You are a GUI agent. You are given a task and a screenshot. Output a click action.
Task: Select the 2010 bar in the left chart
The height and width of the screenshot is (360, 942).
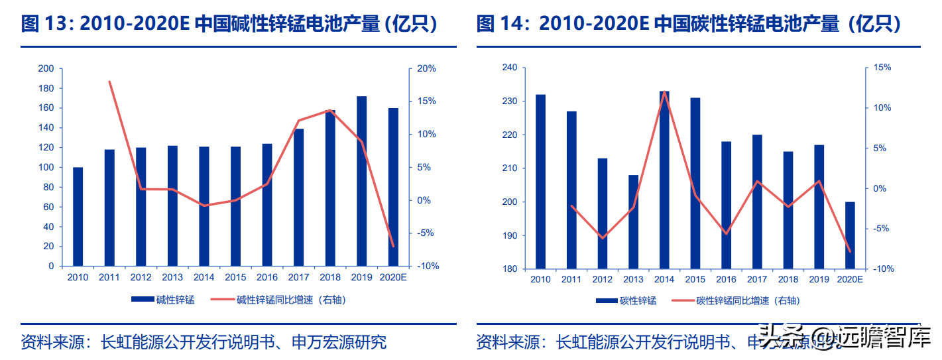click(78, 217)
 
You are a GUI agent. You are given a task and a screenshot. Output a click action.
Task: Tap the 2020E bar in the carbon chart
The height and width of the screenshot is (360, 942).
click(851, 235)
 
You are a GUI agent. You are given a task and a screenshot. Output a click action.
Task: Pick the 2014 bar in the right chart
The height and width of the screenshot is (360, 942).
click(664, 180)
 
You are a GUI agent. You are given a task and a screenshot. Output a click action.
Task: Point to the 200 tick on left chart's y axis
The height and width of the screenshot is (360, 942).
click(46, 69)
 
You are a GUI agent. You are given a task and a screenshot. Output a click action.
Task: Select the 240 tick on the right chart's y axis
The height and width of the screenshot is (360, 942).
click(510, 68)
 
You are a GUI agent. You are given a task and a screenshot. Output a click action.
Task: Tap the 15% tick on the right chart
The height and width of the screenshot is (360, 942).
click(882, 68)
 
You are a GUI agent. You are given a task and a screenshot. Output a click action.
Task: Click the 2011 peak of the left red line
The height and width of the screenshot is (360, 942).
click(109, 82)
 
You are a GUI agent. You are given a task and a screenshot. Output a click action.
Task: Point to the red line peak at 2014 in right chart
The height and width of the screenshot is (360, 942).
click(664, 92)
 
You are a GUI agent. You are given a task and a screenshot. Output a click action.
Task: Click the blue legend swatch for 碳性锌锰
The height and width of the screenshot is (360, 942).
click(607, 301)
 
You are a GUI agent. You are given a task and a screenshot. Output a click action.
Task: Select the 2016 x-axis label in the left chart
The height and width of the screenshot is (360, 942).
click(267, 278)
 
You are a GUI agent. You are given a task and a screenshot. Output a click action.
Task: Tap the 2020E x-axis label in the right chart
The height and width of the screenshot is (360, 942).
click(850, 280)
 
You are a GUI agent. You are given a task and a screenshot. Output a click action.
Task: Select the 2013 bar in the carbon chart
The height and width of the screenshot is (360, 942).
click(634, 222)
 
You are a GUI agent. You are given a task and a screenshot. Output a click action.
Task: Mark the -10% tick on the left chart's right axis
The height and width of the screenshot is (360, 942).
click(426, 267)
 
